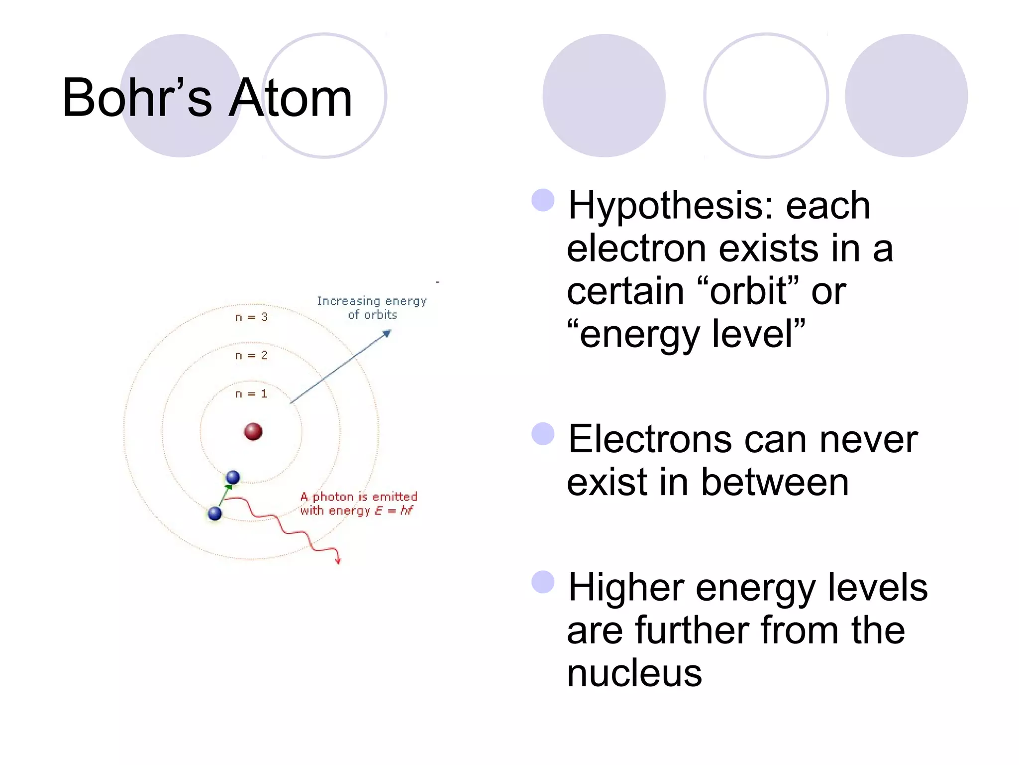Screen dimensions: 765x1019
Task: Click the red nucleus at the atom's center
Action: [x=253, y=432]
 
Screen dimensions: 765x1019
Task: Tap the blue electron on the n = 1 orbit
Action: [x=233, y=478]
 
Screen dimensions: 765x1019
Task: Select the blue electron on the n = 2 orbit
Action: [x=215, y=513]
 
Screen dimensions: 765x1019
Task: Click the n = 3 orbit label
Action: [x=251, y=317]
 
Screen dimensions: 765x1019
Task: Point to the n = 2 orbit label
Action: [x=251, y=356]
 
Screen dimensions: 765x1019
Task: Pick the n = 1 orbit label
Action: [x=251, y=394]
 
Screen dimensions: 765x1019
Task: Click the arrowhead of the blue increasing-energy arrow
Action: [x=387, y=333]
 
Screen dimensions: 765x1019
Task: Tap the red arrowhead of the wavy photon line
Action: [x=338, y=561]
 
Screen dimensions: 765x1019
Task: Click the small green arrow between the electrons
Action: [x=225, y=495]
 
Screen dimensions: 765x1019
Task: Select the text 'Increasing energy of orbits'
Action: [x=372, y=308]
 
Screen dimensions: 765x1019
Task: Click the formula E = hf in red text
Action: [x=394, y=510]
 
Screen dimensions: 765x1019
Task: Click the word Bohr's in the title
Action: [x=137, y=98]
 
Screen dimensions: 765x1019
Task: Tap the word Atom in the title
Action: [x=291, y=98]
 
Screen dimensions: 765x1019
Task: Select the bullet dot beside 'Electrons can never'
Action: [x=543, y=434]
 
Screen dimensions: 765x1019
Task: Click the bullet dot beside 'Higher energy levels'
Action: [x=543, y=582]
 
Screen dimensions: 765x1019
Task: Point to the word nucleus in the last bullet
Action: [x=634, y=673]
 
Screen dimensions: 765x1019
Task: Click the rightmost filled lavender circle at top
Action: [x=906, y=96]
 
